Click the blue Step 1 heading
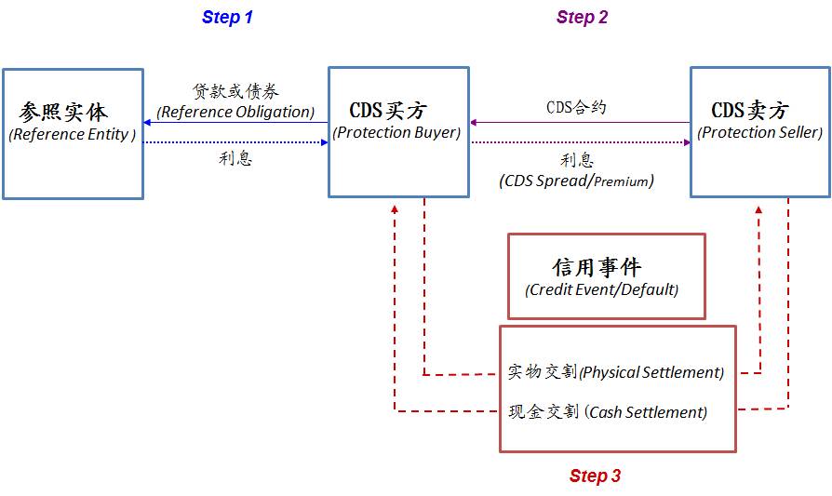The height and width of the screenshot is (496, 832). pos(227,17)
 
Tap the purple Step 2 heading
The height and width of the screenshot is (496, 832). pos(582,17)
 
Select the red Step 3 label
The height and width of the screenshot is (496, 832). pos(595,476)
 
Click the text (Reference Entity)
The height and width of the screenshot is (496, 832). pos(73,134)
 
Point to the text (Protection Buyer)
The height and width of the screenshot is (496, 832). pos(396,132)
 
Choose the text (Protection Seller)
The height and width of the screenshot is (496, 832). pos(759,132)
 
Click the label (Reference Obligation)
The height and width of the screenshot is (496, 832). pos(235,112)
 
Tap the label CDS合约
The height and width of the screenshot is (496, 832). pos(576,107)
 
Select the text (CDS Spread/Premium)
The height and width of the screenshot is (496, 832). pos(576,181)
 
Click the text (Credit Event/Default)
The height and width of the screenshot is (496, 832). pos(602,289)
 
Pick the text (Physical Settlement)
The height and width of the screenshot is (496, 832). pos(651,372)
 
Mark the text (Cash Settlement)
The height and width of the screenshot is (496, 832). pos(646,412)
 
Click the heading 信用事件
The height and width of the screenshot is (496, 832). pos(597,267)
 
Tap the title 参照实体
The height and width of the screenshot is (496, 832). pos(63,112)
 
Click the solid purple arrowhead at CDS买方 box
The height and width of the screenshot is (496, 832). pos(474,123)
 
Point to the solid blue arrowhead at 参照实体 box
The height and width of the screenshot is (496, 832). pos(147,123)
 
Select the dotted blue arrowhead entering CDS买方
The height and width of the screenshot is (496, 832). pos(325,142)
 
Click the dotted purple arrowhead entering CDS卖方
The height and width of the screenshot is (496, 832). pos(687,142)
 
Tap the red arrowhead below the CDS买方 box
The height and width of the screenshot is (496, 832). pos(395,209)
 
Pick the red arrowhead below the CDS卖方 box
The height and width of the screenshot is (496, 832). pos(758,210)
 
